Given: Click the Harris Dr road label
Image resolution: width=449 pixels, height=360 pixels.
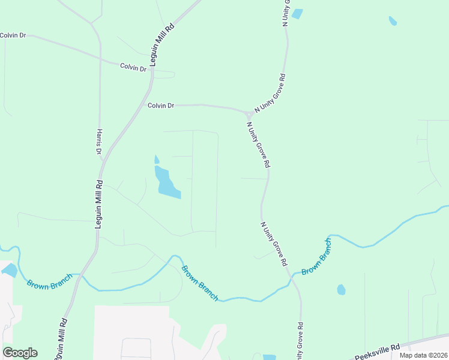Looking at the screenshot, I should [x=98, y=142].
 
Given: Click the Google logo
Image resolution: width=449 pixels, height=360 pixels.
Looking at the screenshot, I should [x=20, y=353].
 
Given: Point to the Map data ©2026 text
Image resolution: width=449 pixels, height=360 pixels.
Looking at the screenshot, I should [x=423, y=355].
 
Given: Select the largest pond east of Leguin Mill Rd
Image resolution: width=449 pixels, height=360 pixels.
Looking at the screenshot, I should [x=167, y=184].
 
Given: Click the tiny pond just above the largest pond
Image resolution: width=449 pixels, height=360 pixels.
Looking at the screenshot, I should [x=157, y=160].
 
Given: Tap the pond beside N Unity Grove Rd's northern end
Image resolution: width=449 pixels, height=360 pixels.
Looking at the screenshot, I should [x=297, y=13].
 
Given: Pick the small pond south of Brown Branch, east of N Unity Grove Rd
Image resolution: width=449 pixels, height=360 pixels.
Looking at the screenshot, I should [x=341, y=290].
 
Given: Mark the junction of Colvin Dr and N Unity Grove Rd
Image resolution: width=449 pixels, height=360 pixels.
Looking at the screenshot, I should [x=248, y=113].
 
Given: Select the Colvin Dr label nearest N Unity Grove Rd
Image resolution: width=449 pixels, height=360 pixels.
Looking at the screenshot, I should [x=161, y=106].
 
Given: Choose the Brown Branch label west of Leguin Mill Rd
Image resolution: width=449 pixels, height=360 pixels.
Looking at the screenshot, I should [x=49, y=281].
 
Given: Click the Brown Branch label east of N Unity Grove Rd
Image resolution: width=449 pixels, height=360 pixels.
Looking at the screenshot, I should [x=316, y=257].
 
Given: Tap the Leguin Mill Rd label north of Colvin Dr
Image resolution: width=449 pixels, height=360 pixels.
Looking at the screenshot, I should [x=161, y=45].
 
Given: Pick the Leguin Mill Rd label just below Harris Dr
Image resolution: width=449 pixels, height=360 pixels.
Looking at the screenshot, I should [x=100, y=204].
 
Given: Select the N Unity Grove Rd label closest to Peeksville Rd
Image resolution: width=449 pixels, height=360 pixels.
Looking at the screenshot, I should [x=300, y=341].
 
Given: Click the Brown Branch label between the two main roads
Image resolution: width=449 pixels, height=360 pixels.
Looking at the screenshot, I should [x=199, y=283].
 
